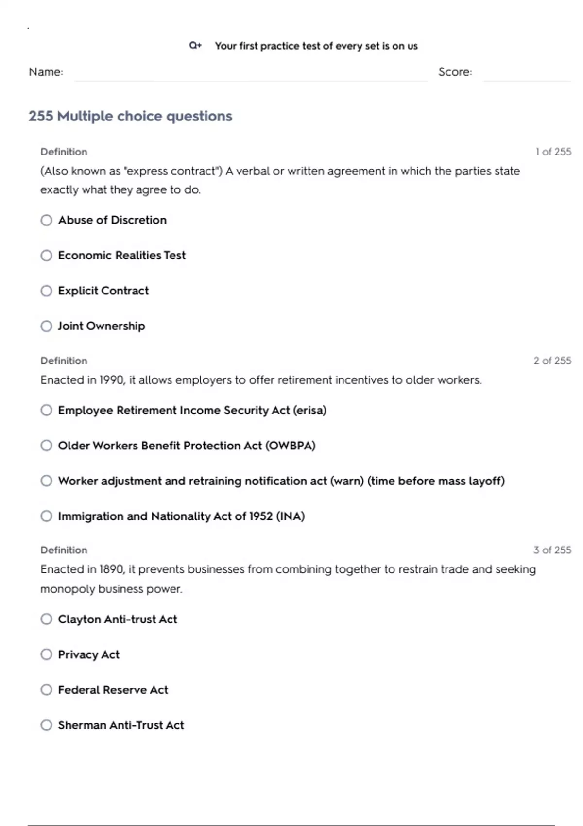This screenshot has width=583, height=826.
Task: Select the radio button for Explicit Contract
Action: coord(46,291)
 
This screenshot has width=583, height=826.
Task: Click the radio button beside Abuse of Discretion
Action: coord(46,220)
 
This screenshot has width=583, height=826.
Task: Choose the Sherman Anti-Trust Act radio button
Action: coord(46,725)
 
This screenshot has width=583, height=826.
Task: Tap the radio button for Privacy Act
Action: coord(46,654)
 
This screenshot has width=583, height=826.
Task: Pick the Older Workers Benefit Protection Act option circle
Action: coord(46,446)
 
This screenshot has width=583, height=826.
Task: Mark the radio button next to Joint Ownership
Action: coord(46,326)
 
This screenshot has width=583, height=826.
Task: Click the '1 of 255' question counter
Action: coord(553,152)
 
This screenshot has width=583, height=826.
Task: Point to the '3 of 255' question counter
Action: coord(552,550)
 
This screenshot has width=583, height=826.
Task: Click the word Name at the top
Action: coord(45,72)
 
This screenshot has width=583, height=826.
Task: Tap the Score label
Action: coord(455,72)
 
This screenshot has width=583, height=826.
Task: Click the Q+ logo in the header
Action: coord(195,46)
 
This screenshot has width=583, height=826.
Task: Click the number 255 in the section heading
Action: coord(41,116)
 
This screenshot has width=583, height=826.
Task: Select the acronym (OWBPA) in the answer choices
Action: coord(290,446)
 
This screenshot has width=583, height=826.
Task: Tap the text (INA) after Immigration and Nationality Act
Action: coord(290,516)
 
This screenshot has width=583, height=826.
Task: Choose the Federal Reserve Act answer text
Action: coord(113,690)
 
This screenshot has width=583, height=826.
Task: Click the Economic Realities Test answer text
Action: coord(121,256)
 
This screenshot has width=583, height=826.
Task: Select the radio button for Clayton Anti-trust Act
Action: coord(46,619)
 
